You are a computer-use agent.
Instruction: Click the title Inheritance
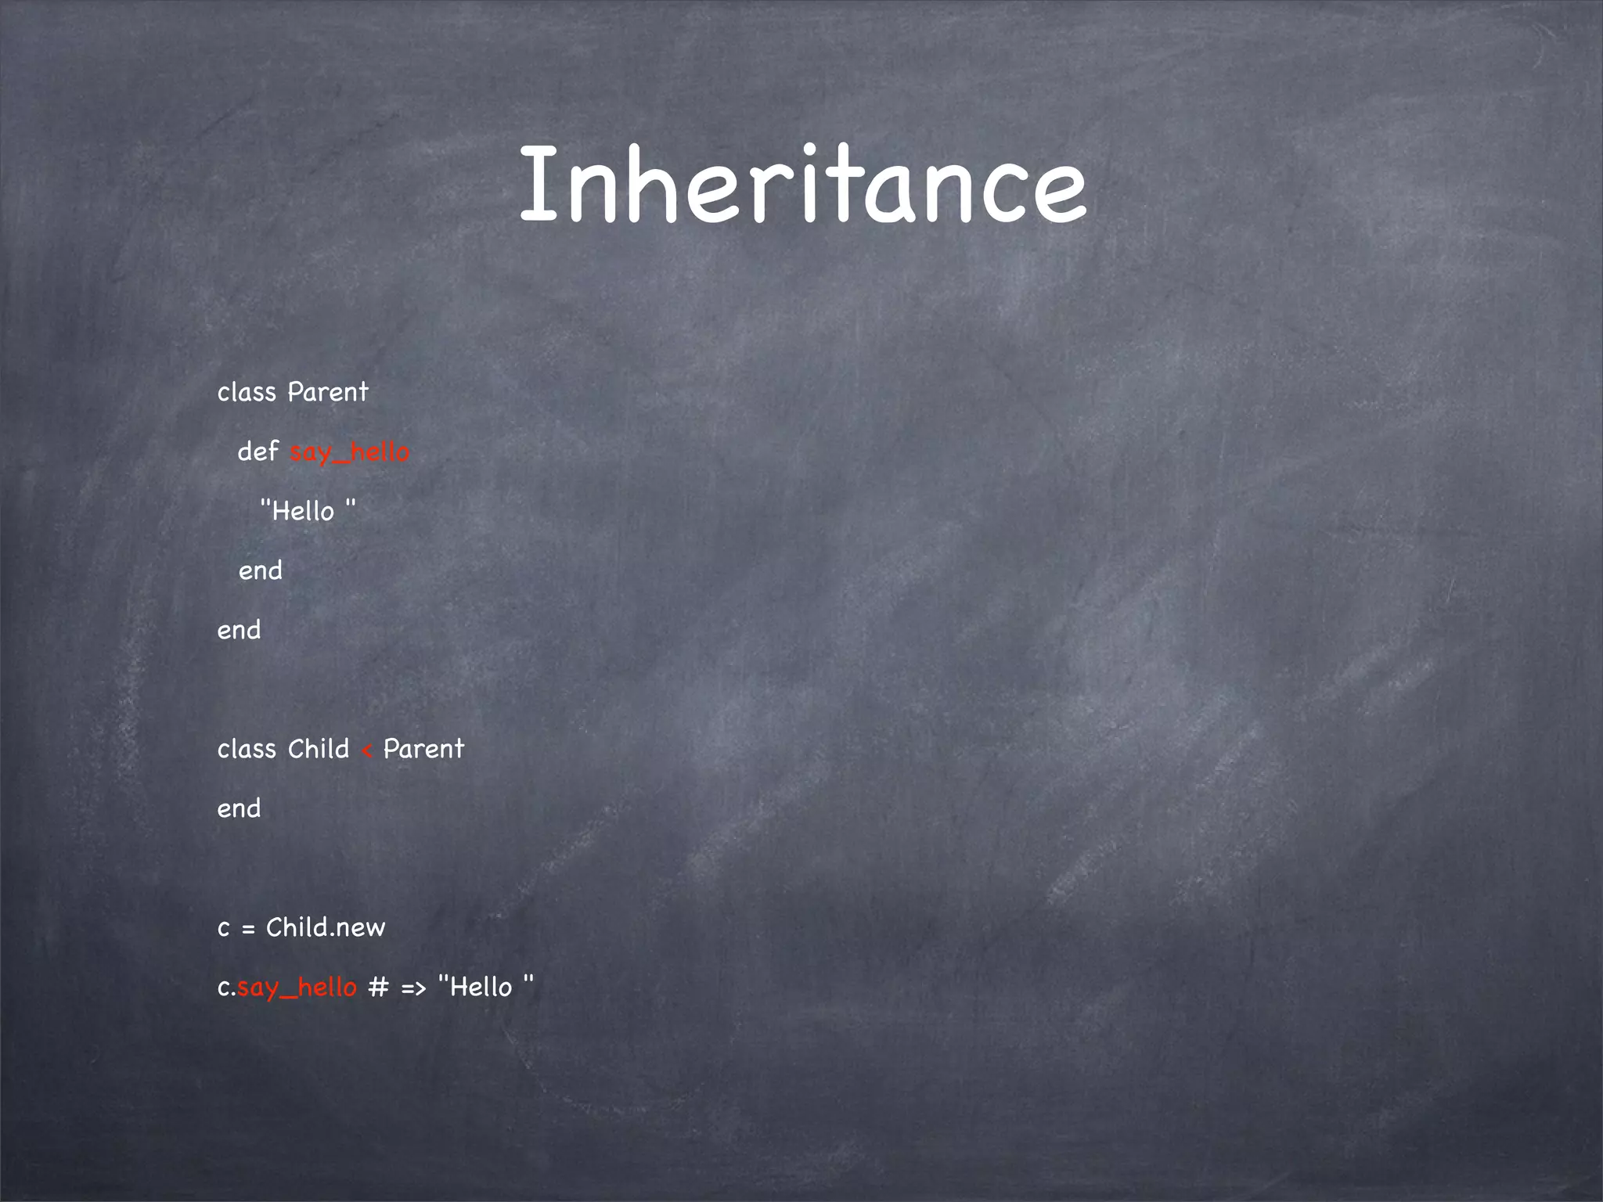tap(802, 185)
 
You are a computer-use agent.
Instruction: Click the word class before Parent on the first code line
tap(247, 392)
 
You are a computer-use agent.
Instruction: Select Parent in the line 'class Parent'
tap(328, 392)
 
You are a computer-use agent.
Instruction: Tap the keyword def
tap(258, 452)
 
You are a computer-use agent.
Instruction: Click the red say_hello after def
tap(349, 452)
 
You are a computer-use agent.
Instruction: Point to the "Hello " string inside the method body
tap(308, 511)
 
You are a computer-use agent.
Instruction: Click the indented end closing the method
tap(261, 570)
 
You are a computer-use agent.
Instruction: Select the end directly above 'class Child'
tap(239, 630)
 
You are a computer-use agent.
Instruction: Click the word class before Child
tap(247, 749)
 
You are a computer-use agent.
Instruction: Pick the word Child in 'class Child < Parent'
tap(318, 749)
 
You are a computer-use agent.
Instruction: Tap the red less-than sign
tap(366, 751)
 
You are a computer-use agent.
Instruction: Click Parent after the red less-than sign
tap(423, 749)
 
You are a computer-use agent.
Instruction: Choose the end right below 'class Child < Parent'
tap(239, 808)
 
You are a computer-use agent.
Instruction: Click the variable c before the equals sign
tap(224, 929)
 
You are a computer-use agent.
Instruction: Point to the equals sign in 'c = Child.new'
tap(248, 929)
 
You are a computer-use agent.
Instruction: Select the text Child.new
tap(326, 927)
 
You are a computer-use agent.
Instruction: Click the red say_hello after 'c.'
tap(297, 988)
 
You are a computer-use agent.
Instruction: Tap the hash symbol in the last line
tap(378, 988)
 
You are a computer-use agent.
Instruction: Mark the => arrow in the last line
tap(413, 988)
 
